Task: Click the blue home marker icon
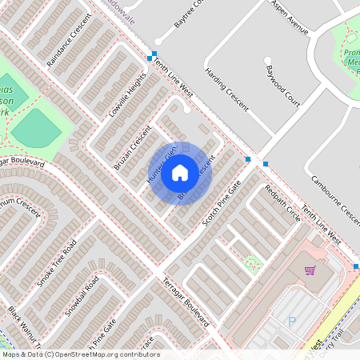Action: click(x=180, y=172)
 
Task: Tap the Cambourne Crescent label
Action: click(x=334, y=198)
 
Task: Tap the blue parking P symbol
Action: click(x=291, y=322)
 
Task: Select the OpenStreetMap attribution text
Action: click(x=80, y=354)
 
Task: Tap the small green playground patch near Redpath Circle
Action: click(x=253, y=262)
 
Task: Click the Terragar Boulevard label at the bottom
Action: click(x=186, y=304)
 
